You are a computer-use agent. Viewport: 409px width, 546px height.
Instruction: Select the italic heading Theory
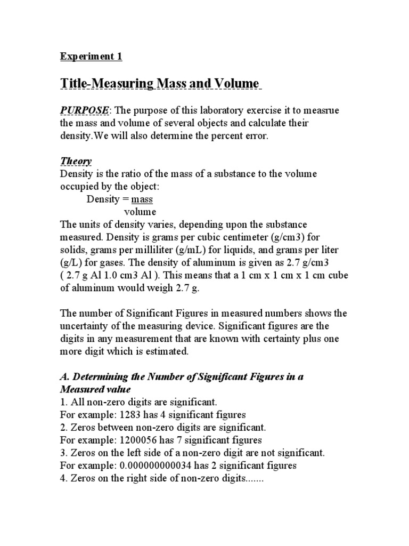click(76, 161)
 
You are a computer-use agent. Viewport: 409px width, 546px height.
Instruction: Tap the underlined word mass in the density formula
click(142, 199)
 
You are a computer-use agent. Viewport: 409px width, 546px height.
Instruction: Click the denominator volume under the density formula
click(140, 212)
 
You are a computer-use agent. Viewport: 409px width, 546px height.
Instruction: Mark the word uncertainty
click(86, 326)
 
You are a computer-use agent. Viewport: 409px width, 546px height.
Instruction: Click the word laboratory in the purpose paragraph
click(206, 110)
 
